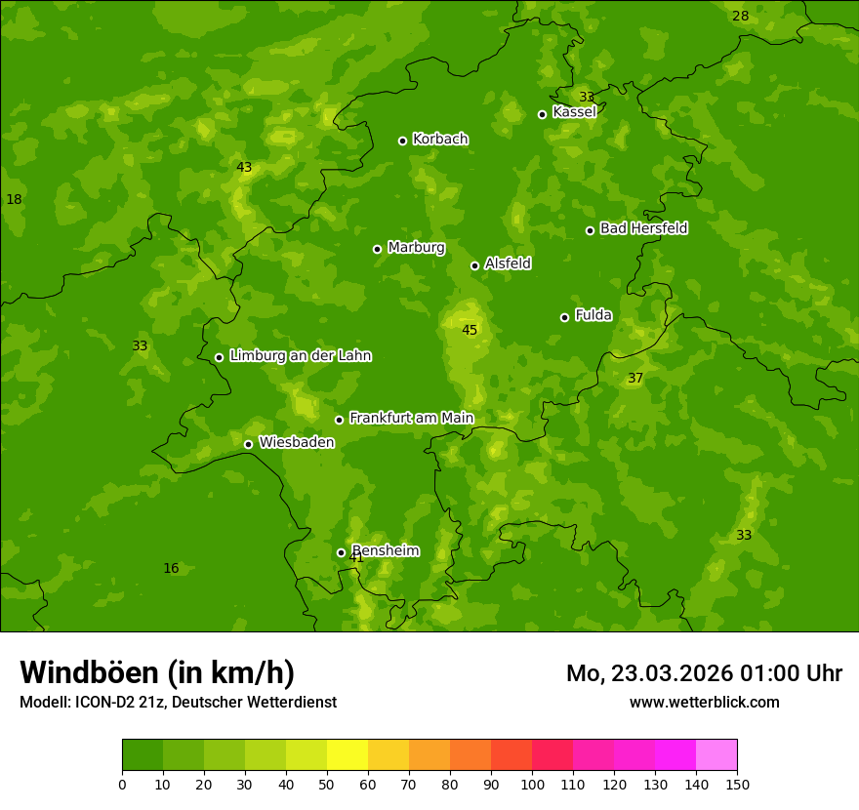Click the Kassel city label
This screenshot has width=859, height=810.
point(574,112)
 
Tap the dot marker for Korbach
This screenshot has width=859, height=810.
point(402,141)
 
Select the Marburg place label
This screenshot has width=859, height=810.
point(416,248)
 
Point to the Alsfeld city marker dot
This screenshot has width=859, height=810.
point(474,265)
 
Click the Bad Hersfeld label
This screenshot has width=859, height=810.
point(643,228)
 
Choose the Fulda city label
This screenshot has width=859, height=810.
point(593,315)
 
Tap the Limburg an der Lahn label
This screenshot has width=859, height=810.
point(300,356)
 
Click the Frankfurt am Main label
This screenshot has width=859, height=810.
point(411,419)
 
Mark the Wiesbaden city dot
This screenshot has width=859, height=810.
point(248,444)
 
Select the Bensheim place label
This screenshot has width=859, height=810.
point(386,550)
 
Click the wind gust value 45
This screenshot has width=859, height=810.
point(470,330)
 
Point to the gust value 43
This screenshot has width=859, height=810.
point(244,167)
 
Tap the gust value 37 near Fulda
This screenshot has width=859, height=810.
point(635,378)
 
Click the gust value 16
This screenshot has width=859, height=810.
point(171,568)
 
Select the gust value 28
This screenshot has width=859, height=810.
point(741,16)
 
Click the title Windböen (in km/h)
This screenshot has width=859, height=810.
point(157,672)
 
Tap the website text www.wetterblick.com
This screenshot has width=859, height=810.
point(704,702)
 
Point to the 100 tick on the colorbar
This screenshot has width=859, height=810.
point(532,784)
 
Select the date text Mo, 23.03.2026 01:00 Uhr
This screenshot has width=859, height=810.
point(704,673)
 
